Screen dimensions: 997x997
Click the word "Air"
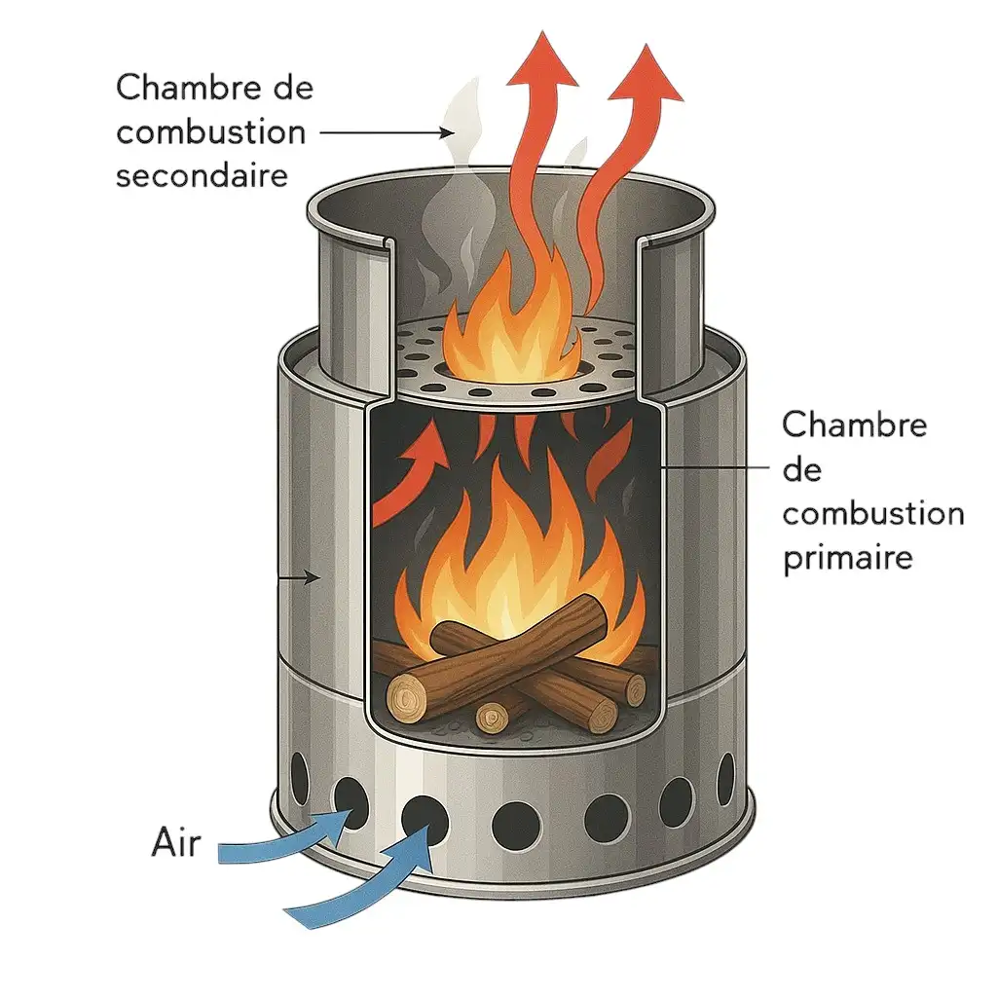click(176, 843)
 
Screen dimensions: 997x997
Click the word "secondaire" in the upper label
click(203, 175)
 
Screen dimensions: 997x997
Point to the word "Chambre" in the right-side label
click(854, 425)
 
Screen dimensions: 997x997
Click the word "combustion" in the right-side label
click(873, 514)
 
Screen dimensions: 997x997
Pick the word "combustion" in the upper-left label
click(210, 132)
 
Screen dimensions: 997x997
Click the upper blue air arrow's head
click(344, 820)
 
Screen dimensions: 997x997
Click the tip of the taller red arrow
click(543, 30)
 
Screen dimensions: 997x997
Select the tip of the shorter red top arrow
click(646, 45)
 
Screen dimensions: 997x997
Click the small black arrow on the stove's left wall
click(299, 578)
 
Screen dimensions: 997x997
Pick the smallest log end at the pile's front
click(492, 718)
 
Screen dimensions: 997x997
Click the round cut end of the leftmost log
click(407, 699)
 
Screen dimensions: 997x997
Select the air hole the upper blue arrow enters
click(351, 800)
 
